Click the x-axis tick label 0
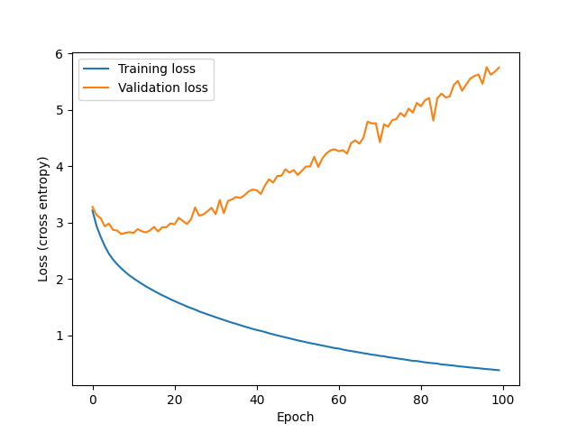click(x=93, y=400)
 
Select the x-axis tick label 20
click(x=175, y=400)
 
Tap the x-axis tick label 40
click(x=257, y=400)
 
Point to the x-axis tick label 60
click(x=339, y=400)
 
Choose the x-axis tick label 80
click(x=421, y=400)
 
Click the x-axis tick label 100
click(x=503, y=400)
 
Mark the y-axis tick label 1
click(x=61, y=336)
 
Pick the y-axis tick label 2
click(x=61, y=280)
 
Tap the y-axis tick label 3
click(x=61, y=223)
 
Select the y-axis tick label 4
click(x=61, y=167)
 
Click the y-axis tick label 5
click(x=61, y=110)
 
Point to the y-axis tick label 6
click(x=61, y=54)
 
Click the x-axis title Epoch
click(x=296, y=417)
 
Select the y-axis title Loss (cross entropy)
click(x=43, y=219)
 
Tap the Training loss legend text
click(x=156, y=68)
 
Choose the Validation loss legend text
click(x=163, y=88)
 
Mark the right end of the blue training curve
click(x=499, y=370)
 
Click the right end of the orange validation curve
click(x=499, y=68)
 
